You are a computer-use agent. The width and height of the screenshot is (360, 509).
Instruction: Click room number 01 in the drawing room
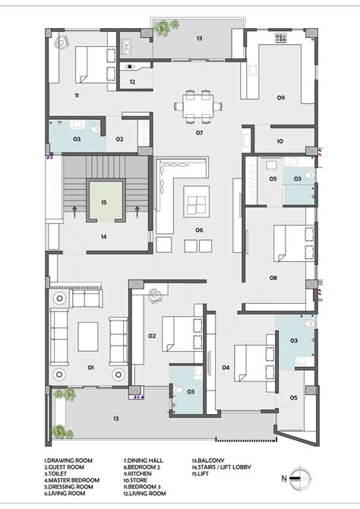tap(90, 368)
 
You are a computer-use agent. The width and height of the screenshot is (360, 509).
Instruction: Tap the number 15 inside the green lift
tap(105, 202)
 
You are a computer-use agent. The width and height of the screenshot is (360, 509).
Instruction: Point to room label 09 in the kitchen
tap(280, 98)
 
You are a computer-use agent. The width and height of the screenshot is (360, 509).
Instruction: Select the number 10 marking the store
tap(279, 141)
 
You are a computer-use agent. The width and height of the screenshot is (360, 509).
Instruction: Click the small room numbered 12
tap(132, 81)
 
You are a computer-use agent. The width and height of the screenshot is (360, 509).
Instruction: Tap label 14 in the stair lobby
tap(104, 236)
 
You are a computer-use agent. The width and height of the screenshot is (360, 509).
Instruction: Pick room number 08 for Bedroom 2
tap(273, 277)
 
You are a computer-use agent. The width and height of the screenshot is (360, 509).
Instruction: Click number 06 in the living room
tap(199, 229)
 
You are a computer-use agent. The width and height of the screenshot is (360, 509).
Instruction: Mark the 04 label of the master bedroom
tap(226, 368)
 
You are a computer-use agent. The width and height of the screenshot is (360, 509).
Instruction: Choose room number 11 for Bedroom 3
tap(77, 95)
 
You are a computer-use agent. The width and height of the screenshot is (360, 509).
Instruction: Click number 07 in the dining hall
tap(199, 133)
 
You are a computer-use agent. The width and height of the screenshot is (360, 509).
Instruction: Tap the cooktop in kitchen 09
tap(279, 36)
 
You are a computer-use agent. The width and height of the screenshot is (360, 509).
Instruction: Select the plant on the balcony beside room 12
tap(163, 27)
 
